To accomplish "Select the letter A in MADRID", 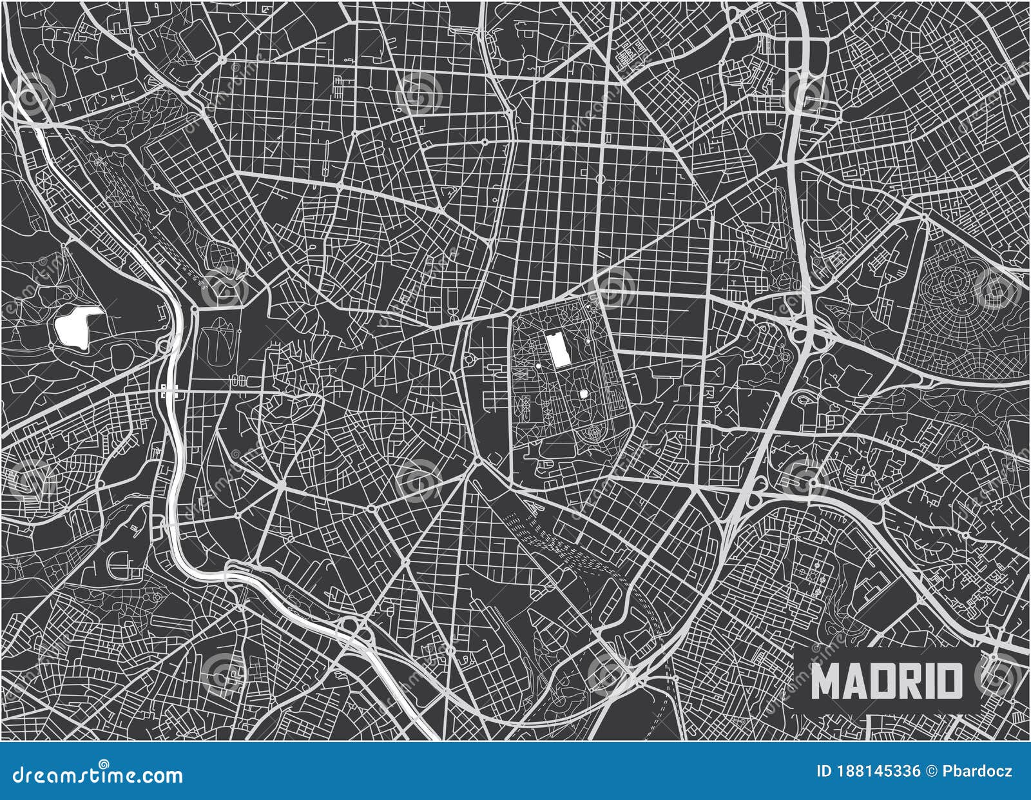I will [853, 681].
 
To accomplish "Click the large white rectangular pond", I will [555, 349].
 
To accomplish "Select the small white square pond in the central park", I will [584, 393].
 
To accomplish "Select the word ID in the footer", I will [823, 771].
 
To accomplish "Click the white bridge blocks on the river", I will [169, 389].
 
